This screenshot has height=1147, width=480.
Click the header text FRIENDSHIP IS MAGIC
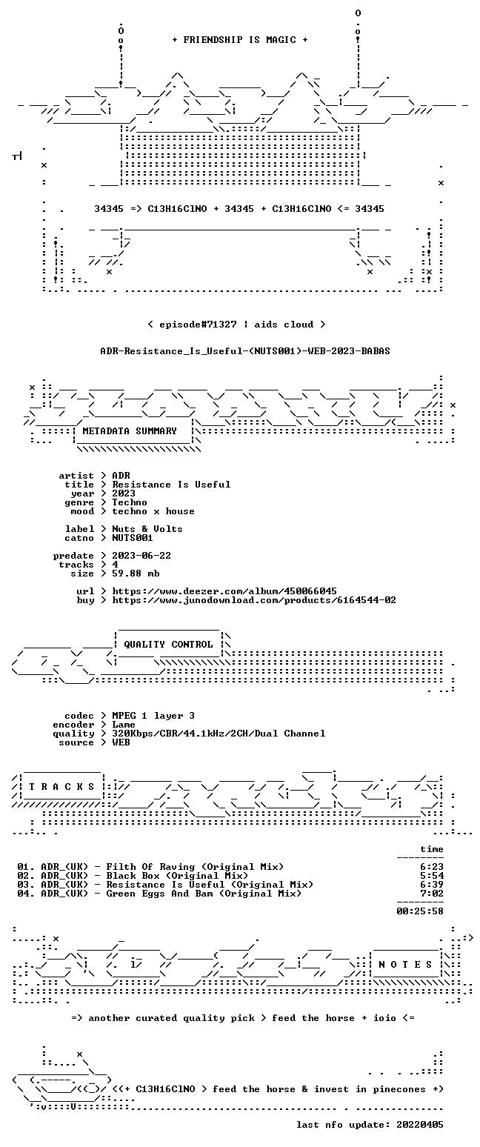(240, 40)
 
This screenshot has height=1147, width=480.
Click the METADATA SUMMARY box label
(130, 431)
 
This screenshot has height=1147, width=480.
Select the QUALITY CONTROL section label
(168, 645)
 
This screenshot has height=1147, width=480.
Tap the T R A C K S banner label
(62, 786)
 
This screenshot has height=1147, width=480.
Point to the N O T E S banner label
(405, 964)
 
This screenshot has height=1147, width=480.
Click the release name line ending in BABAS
(245, 351)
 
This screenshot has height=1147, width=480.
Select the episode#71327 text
(198, 325)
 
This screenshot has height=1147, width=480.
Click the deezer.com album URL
(224, 591)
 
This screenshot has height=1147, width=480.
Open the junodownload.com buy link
(254, 600)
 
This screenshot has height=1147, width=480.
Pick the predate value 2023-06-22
(141, 556)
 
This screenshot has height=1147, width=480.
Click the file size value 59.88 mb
(136, 573)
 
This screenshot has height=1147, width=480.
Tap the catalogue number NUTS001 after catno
(133, 538)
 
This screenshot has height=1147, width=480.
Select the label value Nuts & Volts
(147, 529)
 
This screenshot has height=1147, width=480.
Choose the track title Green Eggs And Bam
(159, 894)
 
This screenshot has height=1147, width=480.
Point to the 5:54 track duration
(432, 876)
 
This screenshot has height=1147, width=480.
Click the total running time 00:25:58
(420, 911)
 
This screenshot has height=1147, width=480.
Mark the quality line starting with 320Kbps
(219, 734)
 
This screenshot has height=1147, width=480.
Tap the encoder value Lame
(124, 725)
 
